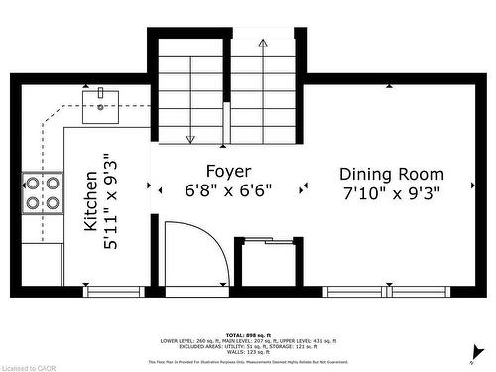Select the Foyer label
tap(227, 171)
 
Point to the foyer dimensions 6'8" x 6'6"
tap(227, 189)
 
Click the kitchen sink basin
tap(100, 106)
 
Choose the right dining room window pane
tap(422, 292)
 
